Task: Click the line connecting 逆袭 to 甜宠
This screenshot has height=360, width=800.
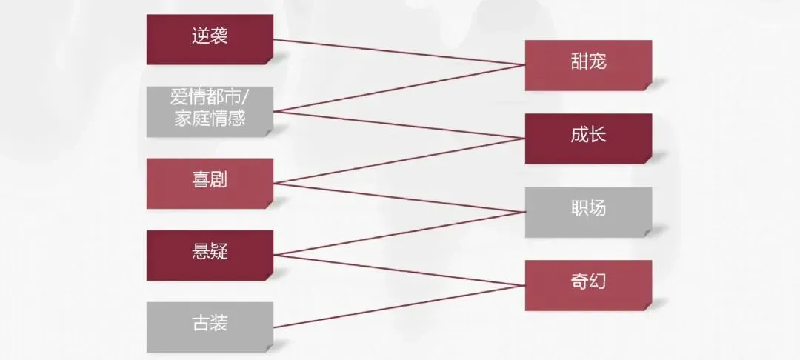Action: pyautogui.click(x=400, y=52)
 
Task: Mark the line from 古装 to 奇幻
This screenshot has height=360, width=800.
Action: pyautogui.click(x=400, y=306)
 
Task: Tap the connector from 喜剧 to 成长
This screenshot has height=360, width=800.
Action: pyautogui.click(x=400, y=160)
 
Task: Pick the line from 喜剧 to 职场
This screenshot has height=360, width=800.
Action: pyautogui.click(x=400, y=197)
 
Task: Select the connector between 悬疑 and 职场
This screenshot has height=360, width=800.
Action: pyautogui.click(x=400, y=233)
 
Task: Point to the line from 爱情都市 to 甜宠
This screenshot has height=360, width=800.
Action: pyautogui.click(x=400, y=88)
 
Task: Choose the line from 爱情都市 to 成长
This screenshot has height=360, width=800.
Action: pyautogui.click(x=400, y=124)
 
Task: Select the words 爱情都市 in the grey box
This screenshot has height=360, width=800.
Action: pyautogui.click(x=206, y=99)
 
